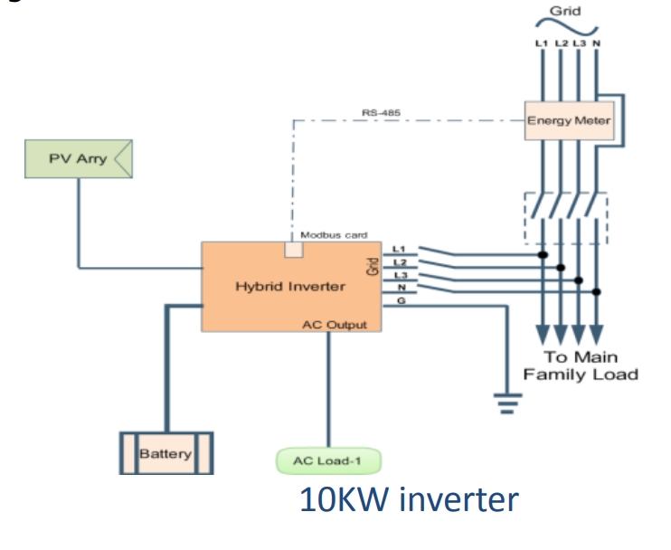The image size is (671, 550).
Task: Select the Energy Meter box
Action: [x=569, y=121]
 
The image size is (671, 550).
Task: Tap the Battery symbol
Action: [x=165, y=452]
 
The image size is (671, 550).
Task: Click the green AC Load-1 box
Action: [x=327, y=460]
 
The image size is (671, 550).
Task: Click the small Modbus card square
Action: [x=293, y=250]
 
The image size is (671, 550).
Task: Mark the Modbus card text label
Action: [x=335, y=235]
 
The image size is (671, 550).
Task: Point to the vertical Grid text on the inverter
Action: [x=372, y=266]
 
